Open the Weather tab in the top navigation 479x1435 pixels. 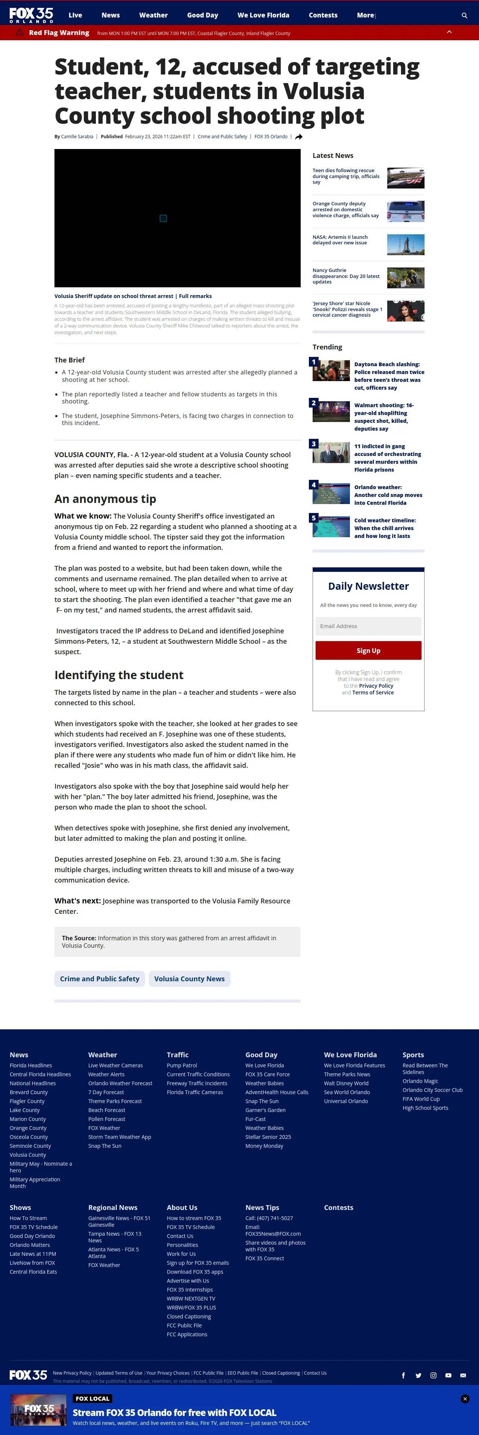[x=153, y=15]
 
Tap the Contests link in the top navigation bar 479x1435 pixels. [x=323, y=15]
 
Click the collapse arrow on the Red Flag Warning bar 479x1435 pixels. [x=449, y=32]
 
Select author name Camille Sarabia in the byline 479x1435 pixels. [x=77, y=136]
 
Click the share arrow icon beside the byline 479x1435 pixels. [x=299, y=136]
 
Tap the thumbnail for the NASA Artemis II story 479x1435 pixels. [x=406, y=244]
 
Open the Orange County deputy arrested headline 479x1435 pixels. [x=345, y=209]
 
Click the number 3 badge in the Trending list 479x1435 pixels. [x=313, y=443]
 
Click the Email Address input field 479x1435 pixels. [x=368, y=626]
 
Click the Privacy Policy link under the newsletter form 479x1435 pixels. [x=376, y=686]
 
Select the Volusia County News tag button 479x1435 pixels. [x=189, y=979]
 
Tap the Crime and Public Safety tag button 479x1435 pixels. [x=99, y=979]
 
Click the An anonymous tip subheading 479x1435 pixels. [x=105, y=498]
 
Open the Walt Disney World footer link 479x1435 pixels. [x=346, y=1083]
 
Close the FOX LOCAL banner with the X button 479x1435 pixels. [x=465, y=1399]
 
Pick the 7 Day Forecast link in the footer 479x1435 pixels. [x=106, y=1092]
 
